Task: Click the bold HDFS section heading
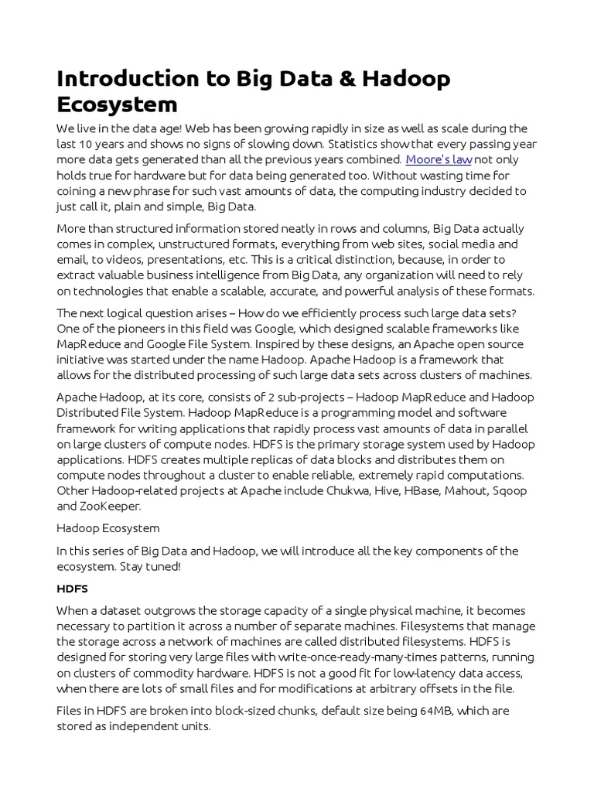click(x=72, y=589)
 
